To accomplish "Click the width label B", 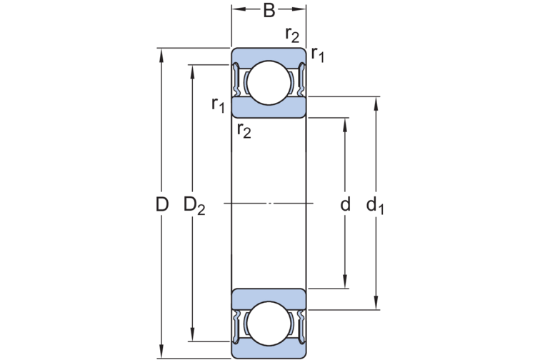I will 269,10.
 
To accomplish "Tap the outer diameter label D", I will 162,205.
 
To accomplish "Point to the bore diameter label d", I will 345,206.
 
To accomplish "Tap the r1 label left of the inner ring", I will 219,104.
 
